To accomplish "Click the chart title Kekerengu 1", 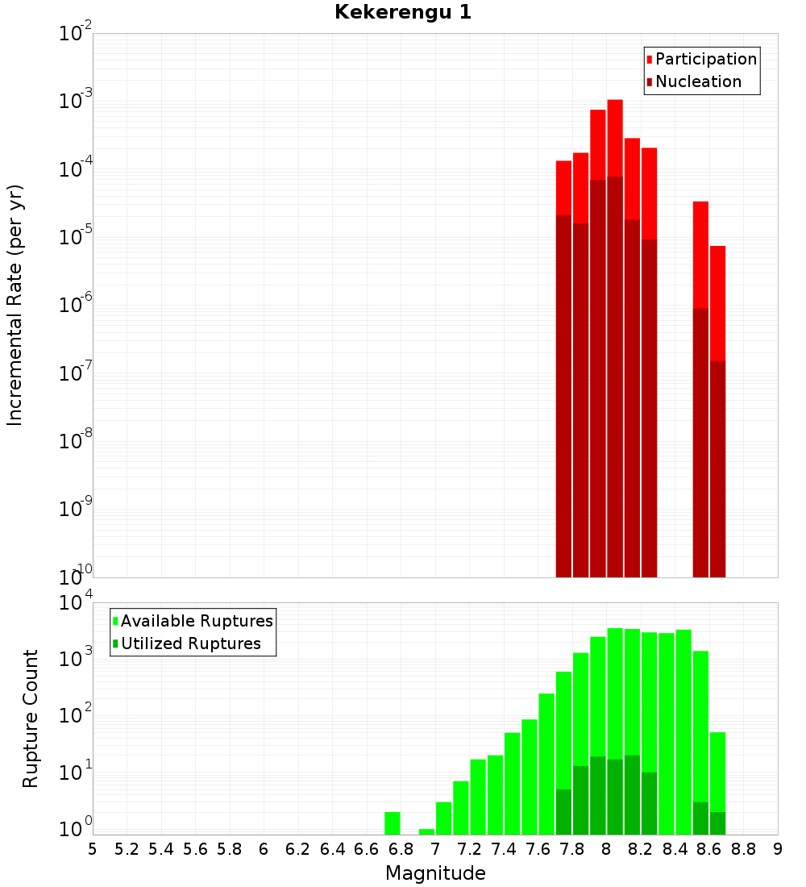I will [x=403, y=12].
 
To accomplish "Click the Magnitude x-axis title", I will [x=435, y=873].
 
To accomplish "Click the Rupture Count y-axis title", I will [x=31, y=718].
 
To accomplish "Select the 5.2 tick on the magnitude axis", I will [x=127, y=849].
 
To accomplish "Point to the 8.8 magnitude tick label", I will [x=743, y=849].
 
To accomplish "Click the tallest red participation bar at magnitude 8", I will [x=615, y=137].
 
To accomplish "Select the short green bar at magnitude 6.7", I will [x=393, y=823].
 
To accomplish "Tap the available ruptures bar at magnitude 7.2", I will [x=461, y=807].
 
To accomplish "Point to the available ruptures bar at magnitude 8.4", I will [x=683, y=726].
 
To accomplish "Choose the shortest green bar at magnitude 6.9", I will [x=426, y=831].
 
